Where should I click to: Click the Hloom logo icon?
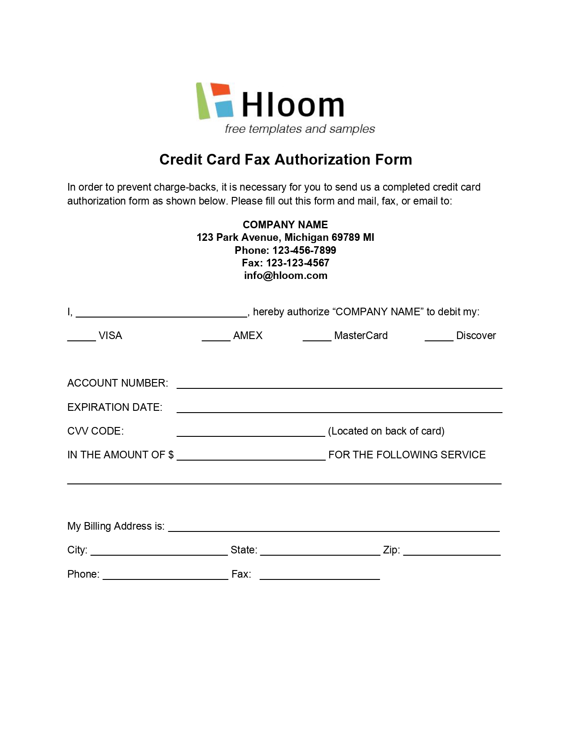click(215, 101)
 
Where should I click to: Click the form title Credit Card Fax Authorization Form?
click(285, 160)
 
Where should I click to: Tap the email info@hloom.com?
click(285, 275)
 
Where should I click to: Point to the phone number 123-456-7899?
click(304, 250)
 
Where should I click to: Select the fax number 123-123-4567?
click(297, 263)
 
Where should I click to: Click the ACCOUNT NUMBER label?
click(118, 383)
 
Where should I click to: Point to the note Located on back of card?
click(386, 431)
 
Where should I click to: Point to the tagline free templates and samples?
click(300, 129)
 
